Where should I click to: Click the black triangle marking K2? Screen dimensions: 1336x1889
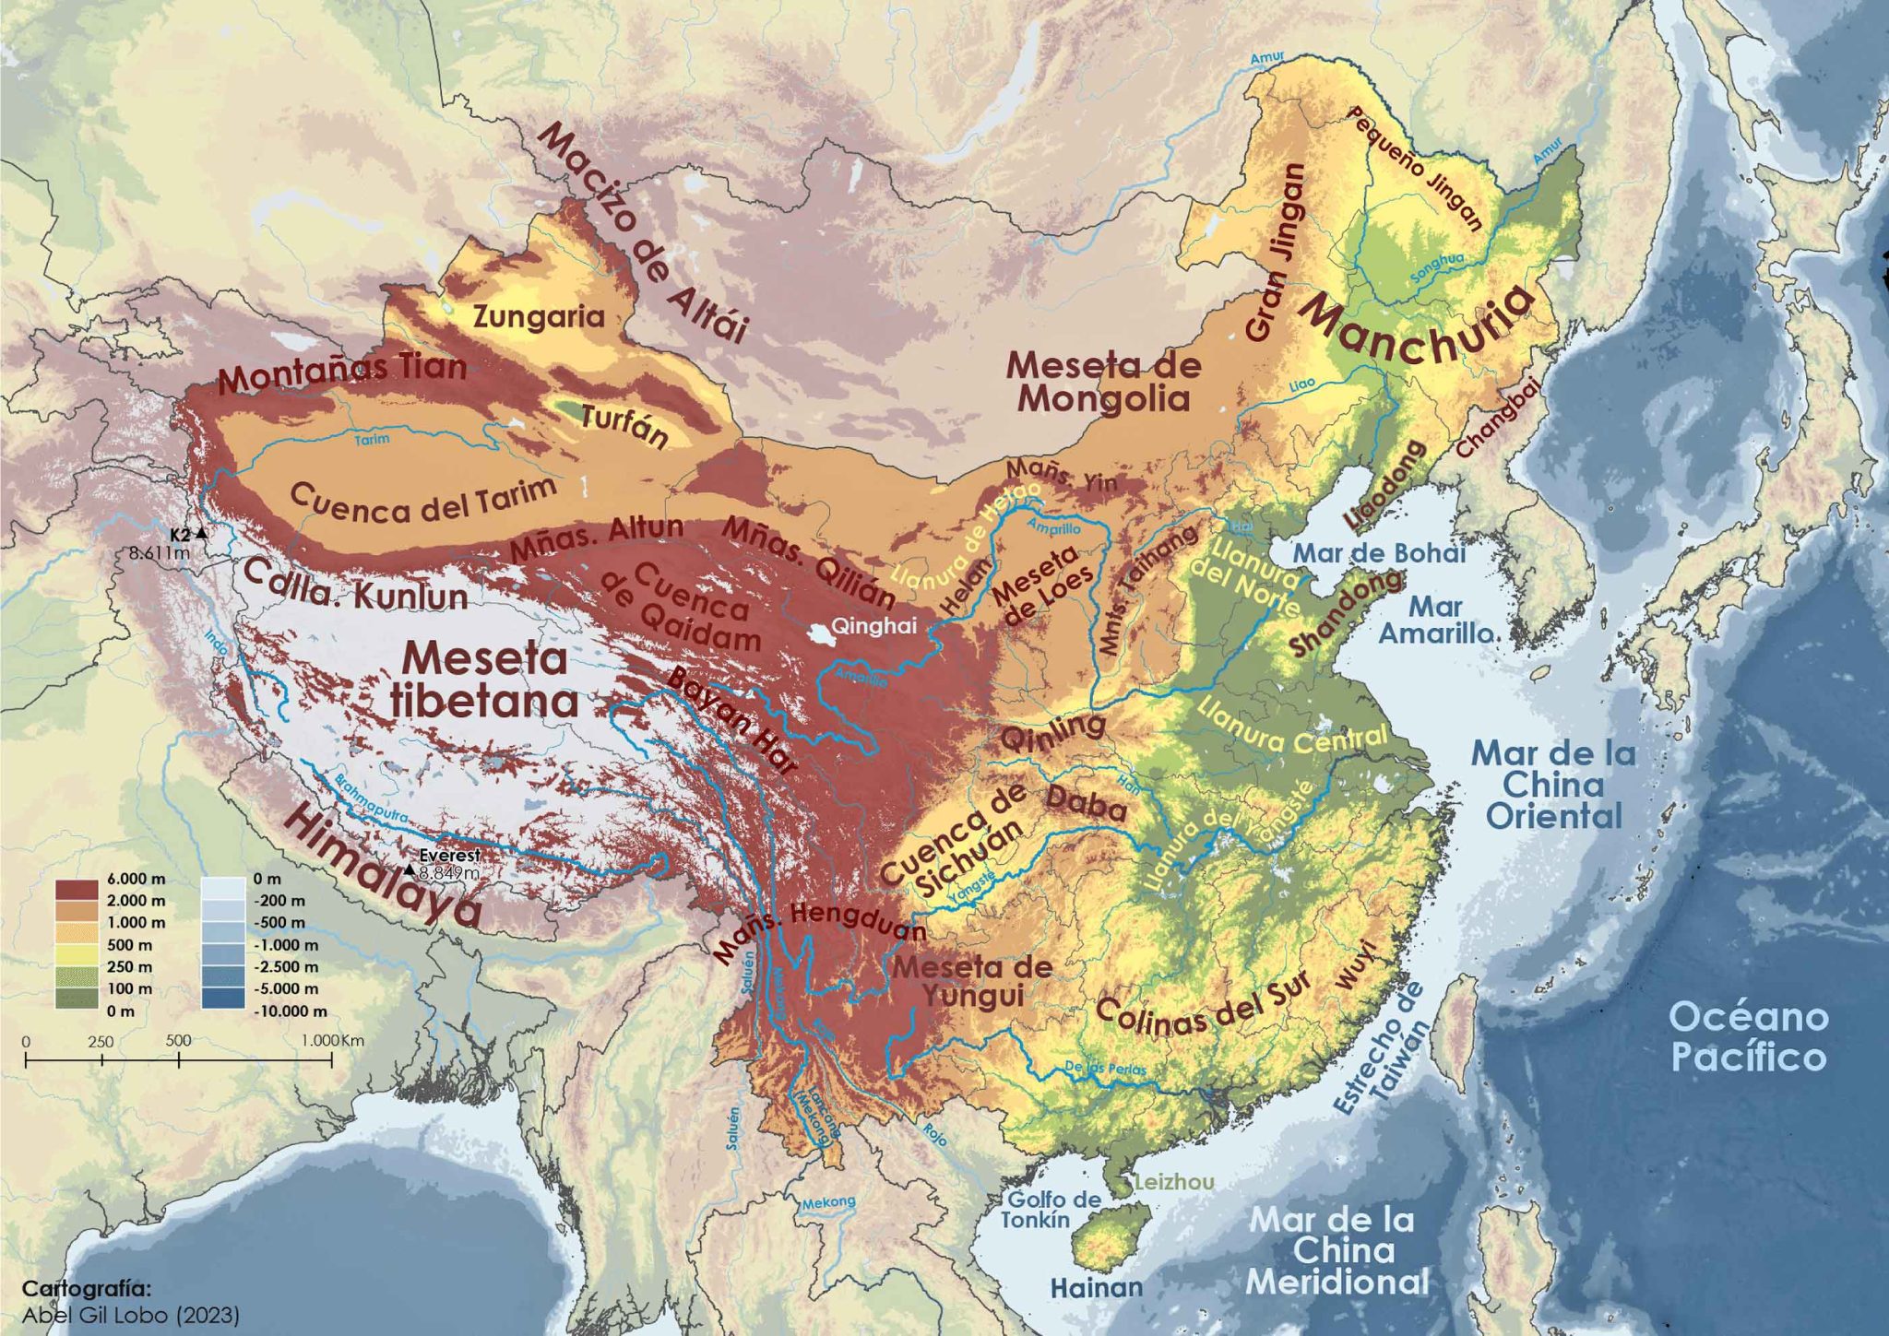[x=201, y=534]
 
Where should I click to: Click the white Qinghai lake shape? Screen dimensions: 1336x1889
[x=818, y=633]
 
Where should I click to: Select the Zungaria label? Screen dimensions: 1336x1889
[x=539, y=317]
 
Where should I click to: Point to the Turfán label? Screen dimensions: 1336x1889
[x=624, y=426]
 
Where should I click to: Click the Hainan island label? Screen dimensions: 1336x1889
[x=1097, y=1287]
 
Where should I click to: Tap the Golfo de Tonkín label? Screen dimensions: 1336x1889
[x=1051, y=1209]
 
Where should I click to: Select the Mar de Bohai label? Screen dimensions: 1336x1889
[x=1379, y=553]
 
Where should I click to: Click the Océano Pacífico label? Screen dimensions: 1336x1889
[x=1748, y=1036]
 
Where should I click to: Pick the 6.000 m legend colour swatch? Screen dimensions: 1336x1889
[x=77, y=891]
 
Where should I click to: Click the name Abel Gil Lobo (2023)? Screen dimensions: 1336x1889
[x=130, y=1315]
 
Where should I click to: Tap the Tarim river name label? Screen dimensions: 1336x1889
[x=373, y=440]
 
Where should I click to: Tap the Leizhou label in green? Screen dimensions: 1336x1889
[x=1174, y=1182]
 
